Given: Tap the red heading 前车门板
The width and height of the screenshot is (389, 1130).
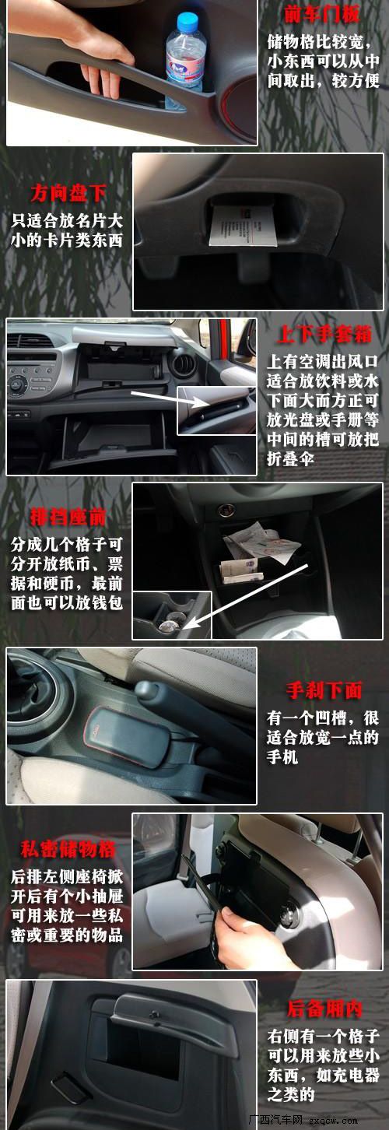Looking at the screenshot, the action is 321,15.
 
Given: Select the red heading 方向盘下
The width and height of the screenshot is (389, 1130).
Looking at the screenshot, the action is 68,192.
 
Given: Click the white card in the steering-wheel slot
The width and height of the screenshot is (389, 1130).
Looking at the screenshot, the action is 244,226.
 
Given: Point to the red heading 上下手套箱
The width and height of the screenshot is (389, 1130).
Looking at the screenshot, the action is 324,335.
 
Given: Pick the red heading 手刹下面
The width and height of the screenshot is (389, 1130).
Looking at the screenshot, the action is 324,690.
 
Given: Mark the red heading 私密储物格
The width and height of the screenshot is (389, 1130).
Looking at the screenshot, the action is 68,850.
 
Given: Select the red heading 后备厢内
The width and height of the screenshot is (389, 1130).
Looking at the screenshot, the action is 324,1009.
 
